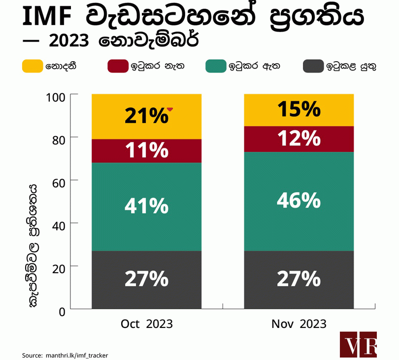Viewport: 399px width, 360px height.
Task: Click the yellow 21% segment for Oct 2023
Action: tap(147, 116)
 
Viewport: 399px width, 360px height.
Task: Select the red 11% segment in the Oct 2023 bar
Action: tap(147, 150)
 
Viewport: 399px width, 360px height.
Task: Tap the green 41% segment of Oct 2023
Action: tap(147, 206)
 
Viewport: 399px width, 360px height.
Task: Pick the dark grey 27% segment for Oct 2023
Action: tap(147, 280)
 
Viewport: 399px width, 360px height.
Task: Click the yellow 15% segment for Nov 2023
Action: tap(299, 110)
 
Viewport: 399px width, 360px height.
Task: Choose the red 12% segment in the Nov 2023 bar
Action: tap(299, 139)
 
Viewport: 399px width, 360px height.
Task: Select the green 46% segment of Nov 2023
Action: tap(299, 201)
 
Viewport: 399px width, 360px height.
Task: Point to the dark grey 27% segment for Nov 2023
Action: tap(299, 280)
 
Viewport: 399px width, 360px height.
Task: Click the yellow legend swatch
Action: tap(33, 66)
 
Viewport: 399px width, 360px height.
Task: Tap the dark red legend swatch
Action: tap(117, 66)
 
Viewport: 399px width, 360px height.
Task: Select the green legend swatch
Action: tap(215, 66)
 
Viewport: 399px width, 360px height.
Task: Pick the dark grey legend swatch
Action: tap(313, 66)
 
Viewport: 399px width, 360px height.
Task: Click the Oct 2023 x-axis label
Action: tap(147, 324)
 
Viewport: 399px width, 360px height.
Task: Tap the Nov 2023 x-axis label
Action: tap(299, 324)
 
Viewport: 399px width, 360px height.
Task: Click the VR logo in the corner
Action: tap(358, 344)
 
